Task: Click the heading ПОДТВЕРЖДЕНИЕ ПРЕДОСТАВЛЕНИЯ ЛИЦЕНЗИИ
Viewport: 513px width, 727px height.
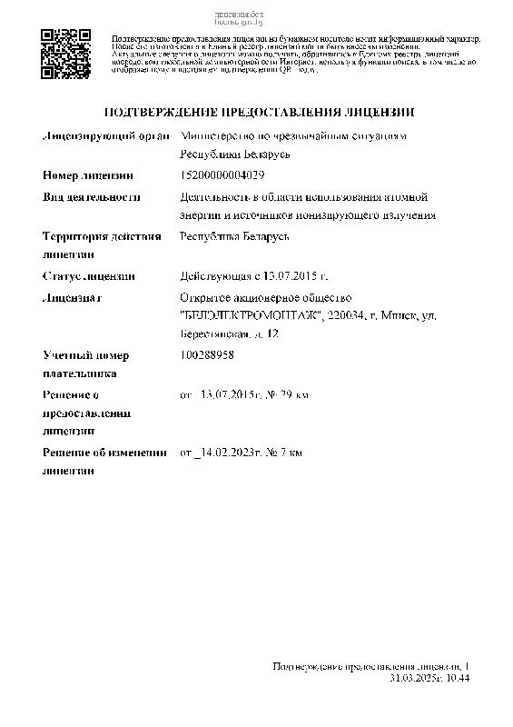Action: pyautogui.click(x=260, y=113)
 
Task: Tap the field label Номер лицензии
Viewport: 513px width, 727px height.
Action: pyautogui.click(x=87, y=174)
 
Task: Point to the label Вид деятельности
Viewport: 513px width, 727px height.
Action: pyautogui.click(x=91, y=196)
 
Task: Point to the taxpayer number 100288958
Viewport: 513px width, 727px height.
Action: pyautogui.click(x=208, y=355)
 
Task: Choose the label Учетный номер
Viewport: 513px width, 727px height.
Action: pyautogui.click(x=85, y=355)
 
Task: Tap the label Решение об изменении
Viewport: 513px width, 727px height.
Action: pyautogui.click(x=104, y=453)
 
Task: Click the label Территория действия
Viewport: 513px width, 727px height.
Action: pyautogui.click(x=101, y=236)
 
